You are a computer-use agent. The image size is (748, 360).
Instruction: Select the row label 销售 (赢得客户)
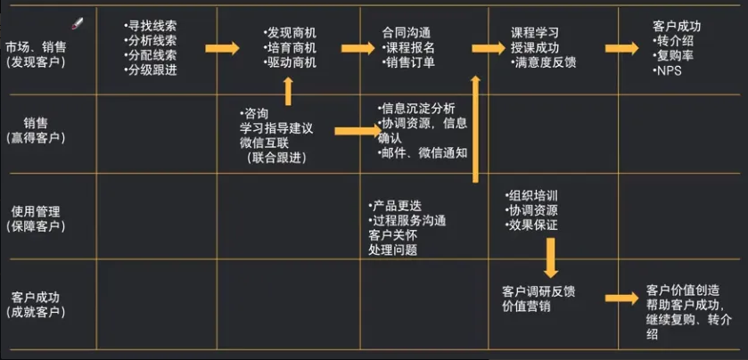(x=37, y=130)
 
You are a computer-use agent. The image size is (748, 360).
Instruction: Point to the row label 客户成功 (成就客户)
(x=37, y=303)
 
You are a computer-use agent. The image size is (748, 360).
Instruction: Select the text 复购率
(x=675, y=56)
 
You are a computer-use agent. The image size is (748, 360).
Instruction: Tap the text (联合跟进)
(x=276, y=159)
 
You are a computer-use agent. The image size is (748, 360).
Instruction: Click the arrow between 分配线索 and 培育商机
(x=223, y=47)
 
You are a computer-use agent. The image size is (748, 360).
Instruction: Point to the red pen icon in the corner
(x=78, y=20)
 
